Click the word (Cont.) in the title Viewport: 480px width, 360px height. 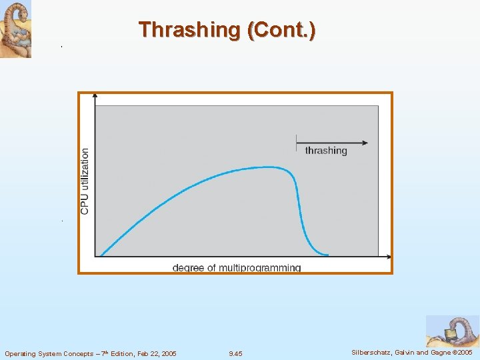(281, 30)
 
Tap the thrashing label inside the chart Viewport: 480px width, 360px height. (326, 151)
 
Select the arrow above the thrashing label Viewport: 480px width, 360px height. (331, 142)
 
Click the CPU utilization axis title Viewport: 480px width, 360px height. (85, 181)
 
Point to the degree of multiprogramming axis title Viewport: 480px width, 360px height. (237, 268)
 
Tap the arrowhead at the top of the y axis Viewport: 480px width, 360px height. (95, 96)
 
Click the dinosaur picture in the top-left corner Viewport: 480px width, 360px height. (15, 29)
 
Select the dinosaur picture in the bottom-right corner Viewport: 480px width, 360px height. (452, 331)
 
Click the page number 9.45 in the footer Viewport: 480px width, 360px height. (235, 353)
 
